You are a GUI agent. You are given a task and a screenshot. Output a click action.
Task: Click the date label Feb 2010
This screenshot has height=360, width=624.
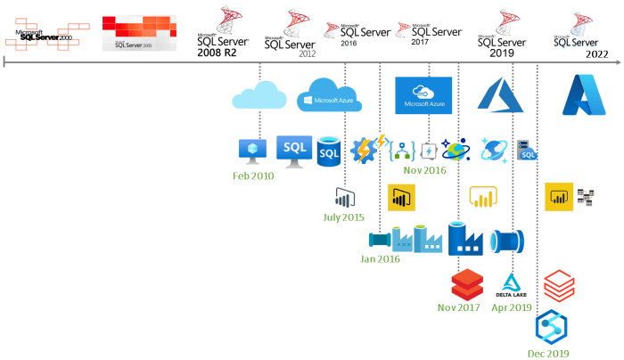coord(253,176)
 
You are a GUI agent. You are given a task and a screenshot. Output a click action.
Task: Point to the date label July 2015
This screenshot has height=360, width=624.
coord(343,217)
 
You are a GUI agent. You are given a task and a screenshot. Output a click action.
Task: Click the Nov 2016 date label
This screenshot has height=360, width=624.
coord(424,170)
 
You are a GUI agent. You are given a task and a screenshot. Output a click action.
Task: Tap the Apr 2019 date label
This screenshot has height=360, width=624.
coord(512,307)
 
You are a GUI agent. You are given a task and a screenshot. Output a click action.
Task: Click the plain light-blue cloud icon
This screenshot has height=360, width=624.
coord(259,95)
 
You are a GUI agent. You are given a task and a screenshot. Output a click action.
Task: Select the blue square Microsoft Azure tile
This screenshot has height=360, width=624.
coord(423,95)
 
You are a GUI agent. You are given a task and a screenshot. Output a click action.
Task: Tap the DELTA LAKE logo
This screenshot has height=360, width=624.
coord(511,284)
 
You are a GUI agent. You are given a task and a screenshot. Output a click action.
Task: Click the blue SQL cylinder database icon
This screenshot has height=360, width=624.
coord(330,151)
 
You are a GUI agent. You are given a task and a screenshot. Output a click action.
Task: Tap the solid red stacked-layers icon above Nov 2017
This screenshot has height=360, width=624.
coord(466,284)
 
